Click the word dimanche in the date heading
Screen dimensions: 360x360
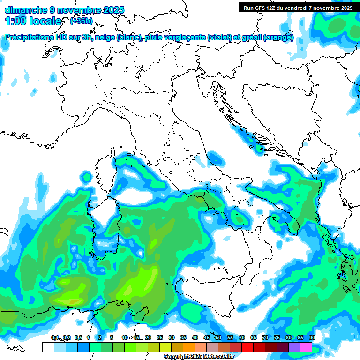(x=26, y=9)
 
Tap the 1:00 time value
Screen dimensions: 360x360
(x=15, y=21)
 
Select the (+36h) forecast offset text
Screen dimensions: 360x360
(x=81, y=21)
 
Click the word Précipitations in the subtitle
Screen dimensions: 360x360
(x=32, y=37)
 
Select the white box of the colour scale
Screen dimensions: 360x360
(x=48, y=347)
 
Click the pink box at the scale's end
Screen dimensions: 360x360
(x=306, y=347)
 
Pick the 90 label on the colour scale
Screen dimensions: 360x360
(x=312, y=337)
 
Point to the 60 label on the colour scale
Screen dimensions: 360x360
(x=242, y=337)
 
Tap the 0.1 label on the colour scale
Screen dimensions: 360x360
(x=54, y=337)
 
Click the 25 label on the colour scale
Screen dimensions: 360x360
(x=160, y=337)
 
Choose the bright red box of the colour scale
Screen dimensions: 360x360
(x=247, y=347)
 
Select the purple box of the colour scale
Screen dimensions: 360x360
(x=294, y=347)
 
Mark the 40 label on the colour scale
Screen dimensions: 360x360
(x=195, y=337)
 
